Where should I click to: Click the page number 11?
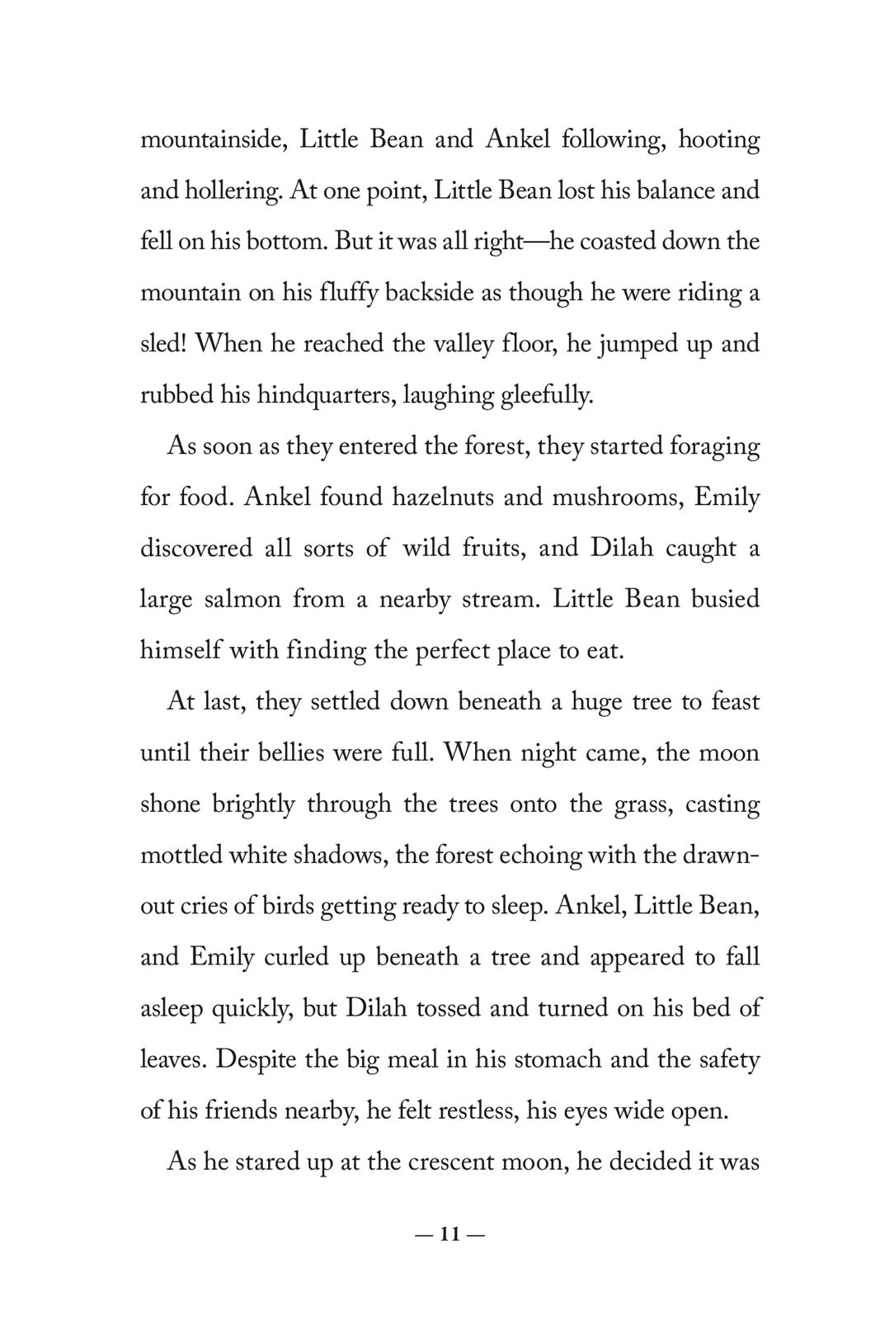tap(450, 1235)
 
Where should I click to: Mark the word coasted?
tap(603, 243)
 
